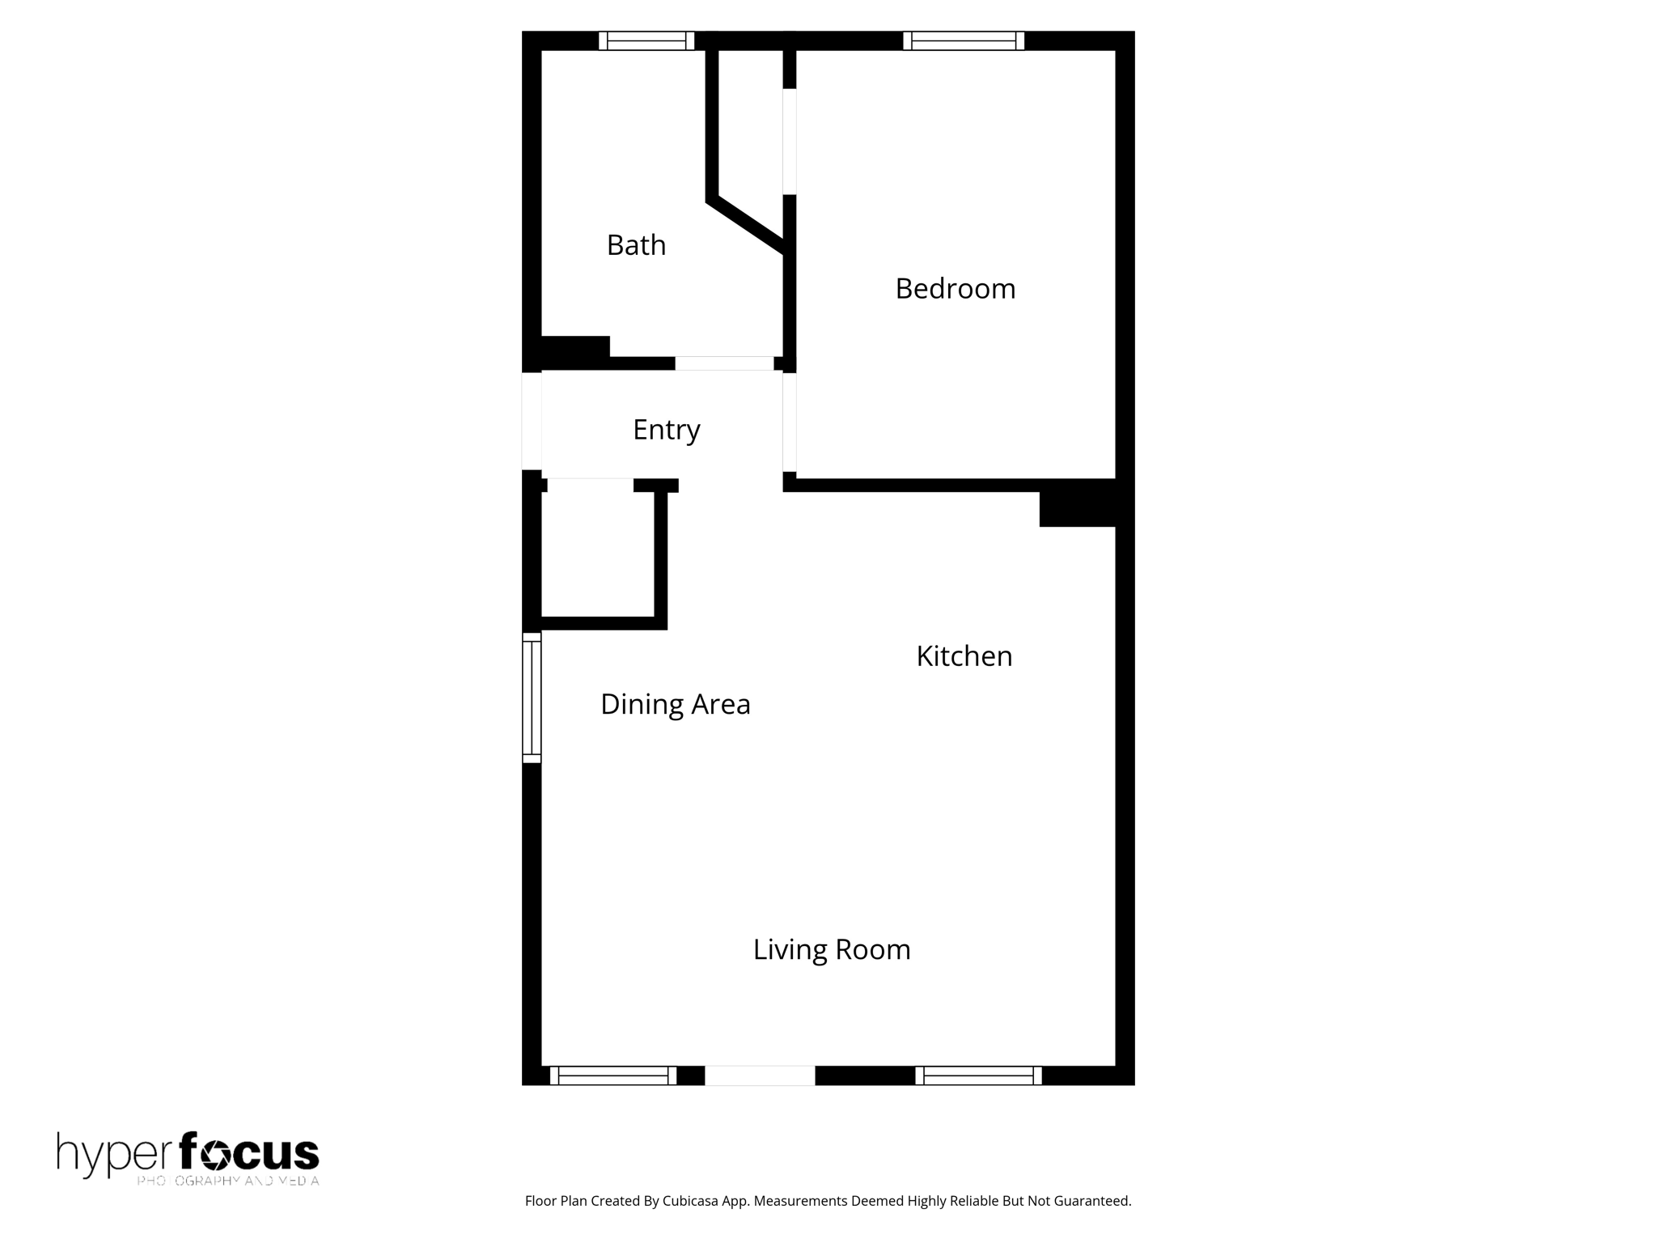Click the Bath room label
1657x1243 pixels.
click(636, 245)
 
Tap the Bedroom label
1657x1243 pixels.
click(955, 289)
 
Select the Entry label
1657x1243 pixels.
click(666, 430)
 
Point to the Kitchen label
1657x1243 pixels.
click(964, 656)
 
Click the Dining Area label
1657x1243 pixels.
click(675, 705)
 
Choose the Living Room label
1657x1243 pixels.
click(831, 950)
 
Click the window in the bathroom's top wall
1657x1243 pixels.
click(646, 40)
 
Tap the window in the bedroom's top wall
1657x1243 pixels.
click(963, 40)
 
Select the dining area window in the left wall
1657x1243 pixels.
click(532, 698)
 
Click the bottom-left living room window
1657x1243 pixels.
click(613, 1075)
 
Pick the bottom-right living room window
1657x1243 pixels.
click(978, 1075)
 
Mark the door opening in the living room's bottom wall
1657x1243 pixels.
click(760, 1075)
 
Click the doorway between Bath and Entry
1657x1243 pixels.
click(724, 363)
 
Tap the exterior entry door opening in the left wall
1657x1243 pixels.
click(532, 421)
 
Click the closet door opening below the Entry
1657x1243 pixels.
click(591, 485)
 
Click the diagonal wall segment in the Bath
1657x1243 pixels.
click(746, 223)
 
